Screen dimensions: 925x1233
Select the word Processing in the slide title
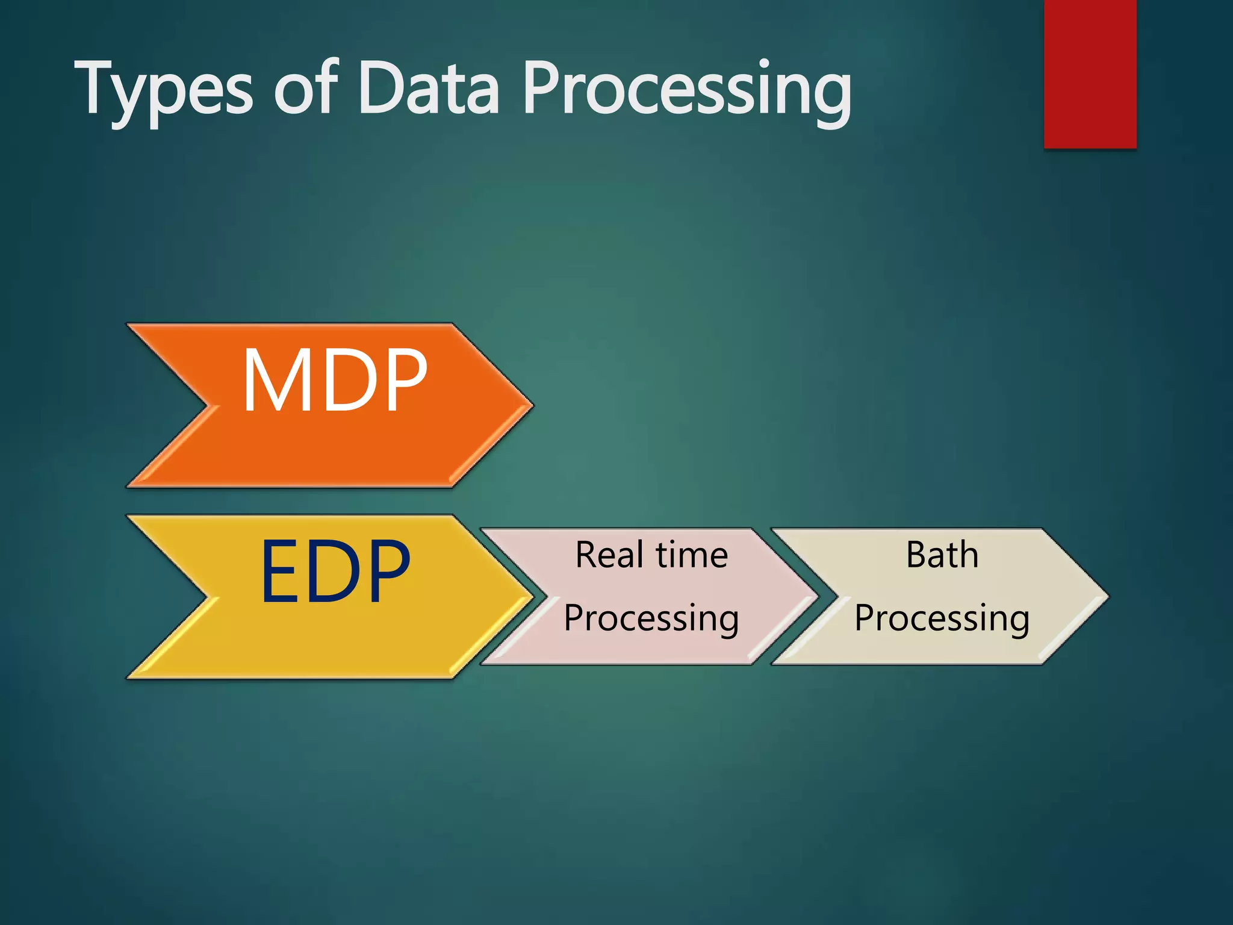coord(686,90)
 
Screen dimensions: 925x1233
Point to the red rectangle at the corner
coord(1090,72)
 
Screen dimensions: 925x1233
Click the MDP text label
coord(335,381)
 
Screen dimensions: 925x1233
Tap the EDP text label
coord(335,571)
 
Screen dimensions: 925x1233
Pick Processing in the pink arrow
coord(651,618)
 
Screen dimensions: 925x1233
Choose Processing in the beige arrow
coord(942,618)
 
